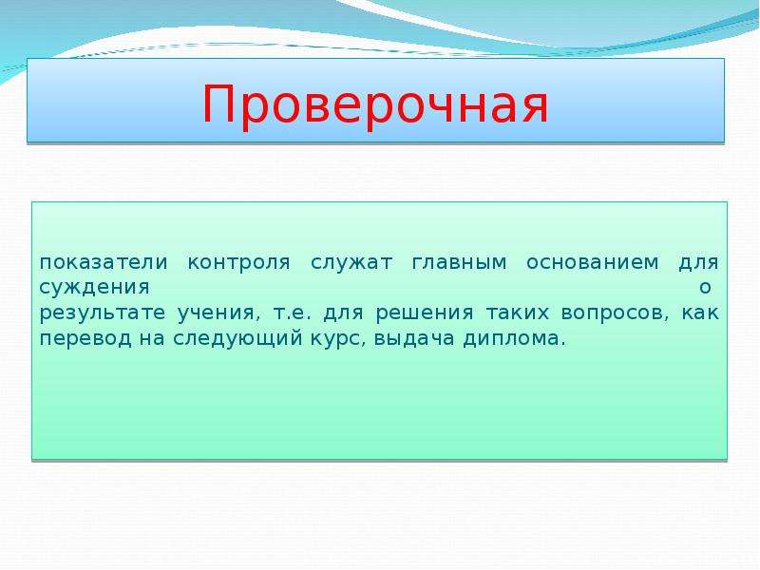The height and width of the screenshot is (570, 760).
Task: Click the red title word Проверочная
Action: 375,105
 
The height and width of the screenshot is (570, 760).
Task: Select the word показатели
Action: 104,263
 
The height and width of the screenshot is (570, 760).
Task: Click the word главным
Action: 460,263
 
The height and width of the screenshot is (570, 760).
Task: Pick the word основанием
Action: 593,263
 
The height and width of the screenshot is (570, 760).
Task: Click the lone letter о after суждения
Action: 705,288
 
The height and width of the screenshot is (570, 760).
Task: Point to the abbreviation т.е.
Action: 293,313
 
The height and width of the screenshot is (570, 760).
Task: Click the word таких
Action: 518,313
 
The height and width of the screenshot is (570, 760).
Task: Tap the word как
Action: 700,313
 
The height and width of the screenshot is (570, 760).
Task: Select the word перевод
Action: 85,339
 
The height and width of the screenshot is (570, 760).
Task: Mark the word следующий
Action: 238,339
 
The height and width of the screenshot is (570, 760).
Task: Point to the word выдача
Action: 414,339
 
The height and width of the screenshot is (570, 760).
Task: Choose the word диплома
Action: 515,339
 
